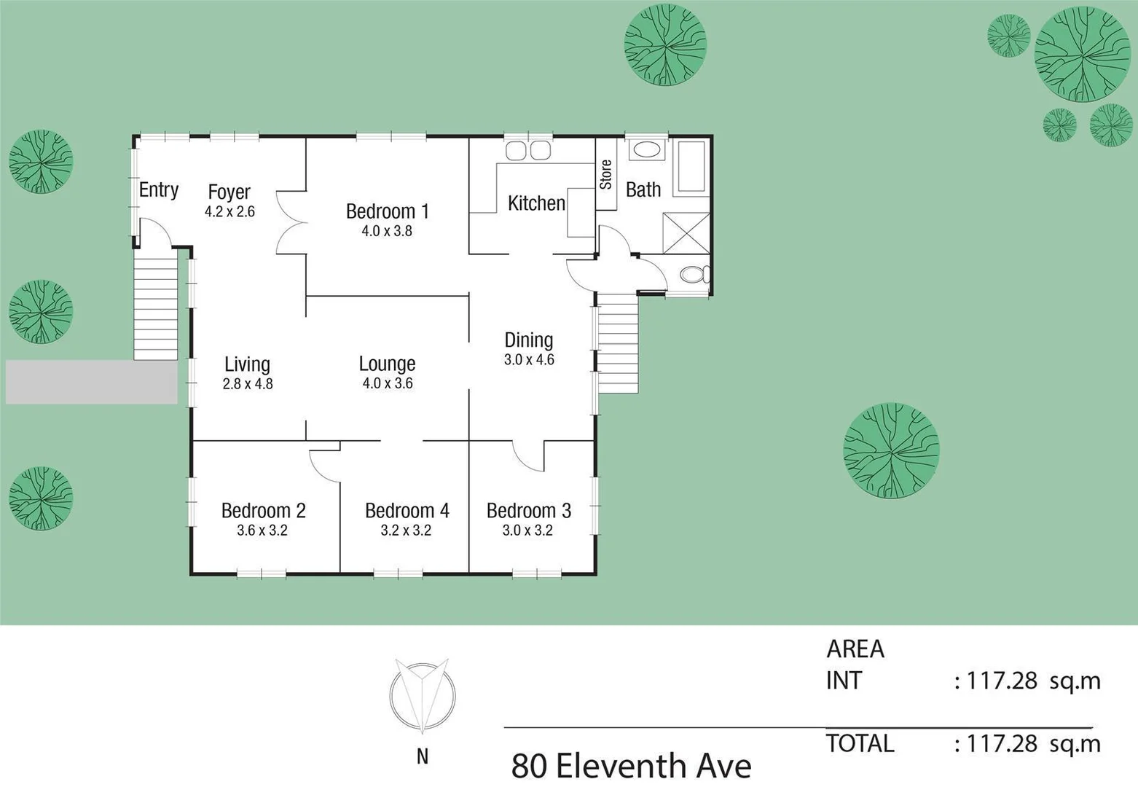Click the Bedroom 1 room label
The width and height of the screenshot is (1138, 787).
coord(387,211)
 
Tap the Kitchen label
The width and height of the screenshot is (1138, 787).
coord(536,203)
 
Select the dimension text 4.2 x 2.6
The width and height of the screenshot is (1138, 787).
coord(229,212)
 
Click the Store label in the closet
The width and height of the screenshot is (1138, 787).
coord(605,175)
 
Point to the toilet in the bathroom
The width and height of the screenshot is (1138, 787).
coord(693,275)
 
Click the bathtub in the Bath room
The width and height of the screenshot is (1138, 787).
coord(690,166)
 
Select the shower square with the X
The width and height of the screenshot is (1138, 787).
coord(686,232)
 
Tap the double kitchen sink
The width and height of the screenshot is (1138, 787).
coord(528,151)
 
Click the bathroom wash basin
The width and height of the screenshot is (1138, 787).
coord(645,150)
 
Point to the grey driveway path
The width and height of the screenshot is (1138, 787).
coord(91,382)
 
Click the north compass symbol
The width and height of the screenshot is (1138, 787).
coord(423,697)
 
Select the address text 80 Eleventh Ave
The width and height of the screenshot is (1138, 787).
coord(631,766)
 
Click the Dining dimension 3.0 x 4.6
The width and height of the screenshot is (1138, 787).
coord(529,360)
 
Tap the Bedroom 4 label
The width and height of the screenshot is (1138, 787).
coord(407,511)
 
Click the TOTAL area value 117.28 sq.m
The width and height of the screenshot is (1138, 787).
coord(1032,744)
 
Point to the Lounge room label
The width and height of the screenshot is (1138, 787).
coord(387,364)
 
